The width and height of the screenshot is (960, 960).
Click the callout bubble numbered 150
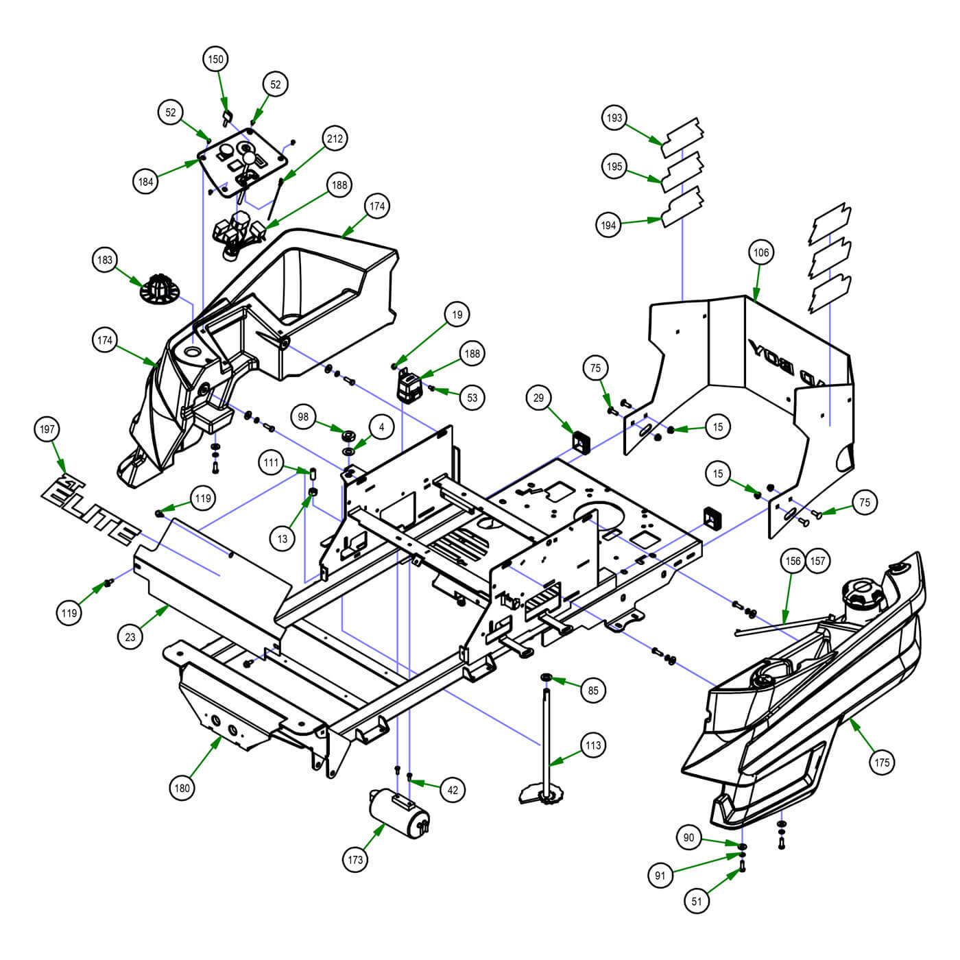[x=215, y=60]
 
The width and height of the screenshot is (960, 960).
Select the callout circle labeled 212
[x=335, y=139]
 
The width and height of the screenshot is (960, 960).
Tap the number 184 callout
[x=146, y=182]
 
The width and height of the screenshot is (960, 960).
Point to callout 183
[x=105, y=260]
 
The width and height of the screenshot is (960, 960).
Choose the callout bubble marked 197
[x=47, y=430]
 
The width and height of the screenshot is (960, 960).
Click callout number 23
[x=130, y=636]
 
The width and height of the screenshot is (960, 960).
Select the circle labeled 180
[x=182, y=788]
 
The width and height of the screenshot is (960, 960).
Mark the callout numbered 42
[x=453, y=790]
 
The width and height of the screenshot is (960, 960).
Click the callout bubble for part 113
[x=593, y=745]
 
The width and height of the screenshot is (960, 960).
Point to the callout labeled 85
[x=593, y=691]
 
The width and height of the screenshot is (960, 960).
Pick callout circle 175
[x=882, y=762]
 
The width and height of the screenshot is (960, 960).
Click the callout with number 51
[x=697, y=901]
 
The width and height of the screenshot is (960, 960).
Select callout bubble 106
[x=761, y=252]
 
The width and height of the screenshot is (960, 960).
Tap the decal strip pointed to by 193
[x=683, y=134]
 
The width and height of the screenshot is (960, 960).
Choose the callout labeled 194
[x=610, y=225]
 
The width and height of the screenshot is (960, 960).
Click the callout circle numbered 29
[x=539, y=398]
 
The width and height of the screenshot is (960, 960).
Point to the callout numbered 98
[x=304, y=417]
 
